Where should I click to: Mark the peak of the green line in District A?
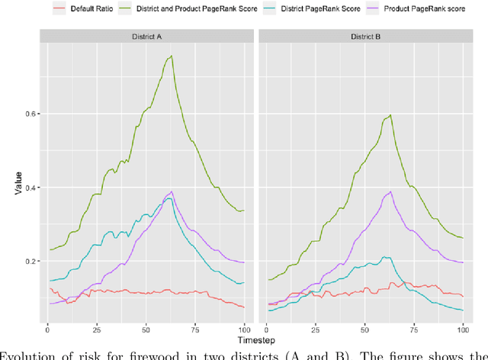coord(172,56)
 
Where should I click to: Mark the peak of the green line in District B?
coord(390,115)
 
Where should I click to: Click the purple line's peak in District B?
coord(390,191)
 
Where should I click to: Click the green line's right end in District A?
coord(243,211)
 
